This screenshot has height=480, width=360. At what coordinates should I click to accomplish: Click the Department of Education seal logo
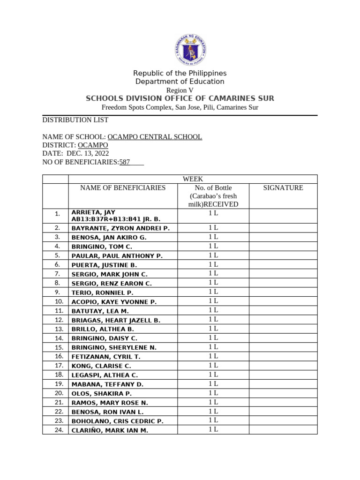pyautogui.click(x=191, y=50)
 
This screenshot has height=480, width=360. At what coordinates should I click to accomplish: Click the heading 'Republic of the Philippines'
pyautogui.click(x=180, y=74)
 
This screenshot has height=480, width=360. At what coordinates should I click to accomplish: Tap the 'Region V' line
pyautogui.click(x=180, y=90)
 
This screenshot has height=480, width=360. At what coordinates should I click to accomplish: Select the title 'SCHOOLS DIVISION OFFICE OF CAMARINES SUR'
pyautogui.click(x=180, y=98)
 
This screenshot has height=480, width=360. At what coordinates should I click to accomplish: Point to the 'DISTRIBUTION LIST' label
pyautogui.click(x=75, y=120)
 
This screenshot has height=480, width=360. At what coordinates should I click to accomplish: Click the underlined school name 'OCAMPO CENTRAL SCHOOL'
pyautogui.click(x=155, y=137)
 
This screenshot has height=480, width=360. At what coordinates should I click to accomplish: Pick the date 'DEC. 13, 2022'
pyautogui.click(x=88, y=154)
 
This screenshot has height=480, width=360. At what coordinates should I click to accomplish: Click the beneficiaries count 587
pyautogui.click(x=125, y=162)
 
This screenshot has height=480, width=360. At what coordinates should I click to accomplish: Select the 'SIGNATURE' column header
pyautogui.click(x=283, y=188)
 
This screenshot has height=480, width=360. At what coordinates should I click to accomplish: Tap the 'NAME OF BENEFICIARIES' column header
pyautogui.click(x=123, y=188)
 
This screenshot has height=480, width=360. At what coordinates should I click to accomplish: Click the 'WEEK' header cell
pyautogui.click(x=193, y=179)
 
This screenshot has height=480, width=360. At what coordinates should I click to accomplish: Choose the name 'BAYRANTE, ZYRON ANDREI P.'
pyautogui.click(x=120, y=228)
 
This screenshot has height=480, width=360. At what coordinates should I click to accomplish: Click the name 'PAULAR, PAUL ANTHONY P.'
pyautogui.click(x=117, y=256)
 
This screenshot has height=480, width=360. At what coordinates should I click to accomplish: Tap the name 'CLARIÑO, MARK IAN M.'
pyautogui.click(x=110, y=430)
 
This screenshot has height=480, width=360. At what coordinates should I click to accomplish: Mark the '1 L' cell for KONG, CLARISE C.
pyautogui.click(x=213, y=365)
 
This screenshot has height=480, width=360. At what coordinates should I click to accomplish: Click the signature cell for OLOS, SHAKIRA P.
pyautogui.click(x=283, y=393)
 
